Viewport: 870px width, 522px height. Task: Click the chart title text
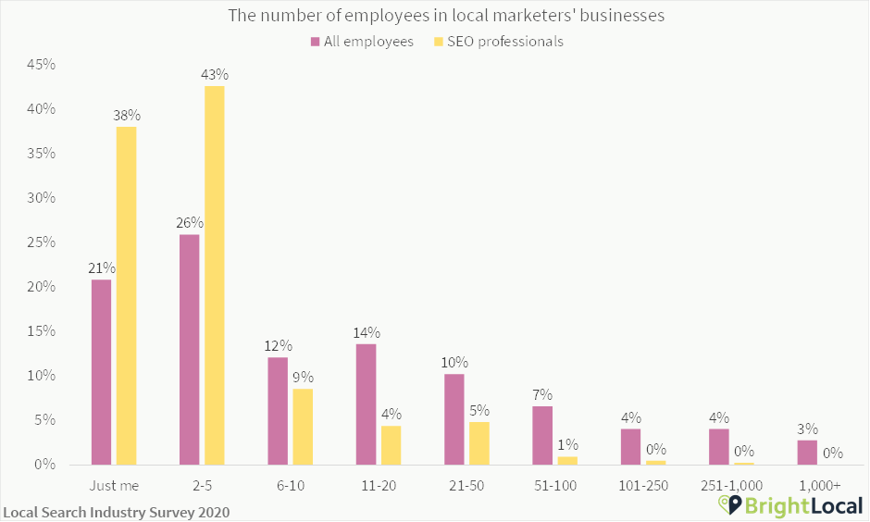point(435,16)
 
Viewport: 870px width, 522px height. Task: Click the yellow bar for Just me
point(126,295)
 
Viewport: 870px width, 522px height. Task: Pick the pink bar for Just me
point(101,371)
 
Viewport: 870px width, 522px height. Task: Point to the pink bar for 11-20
point(366,404)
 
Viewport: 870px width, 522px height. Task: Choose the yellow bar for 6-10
point(303,427)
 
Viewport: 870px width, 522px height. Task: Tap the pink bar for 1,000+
point(807,453)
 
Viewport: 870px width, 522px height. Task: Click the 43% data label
point(215,74)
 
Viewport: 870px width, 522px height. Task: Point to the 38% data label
point(127,116)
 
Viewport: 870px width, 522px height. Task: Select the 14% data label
point(367,333)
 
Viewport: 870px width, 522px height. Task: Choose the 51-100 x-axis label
point(553,485)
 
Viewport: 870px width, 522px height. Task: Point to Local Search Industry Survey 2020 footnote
point(117,511)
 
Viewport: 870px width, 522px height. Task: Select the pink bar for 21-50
point(454,418)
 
